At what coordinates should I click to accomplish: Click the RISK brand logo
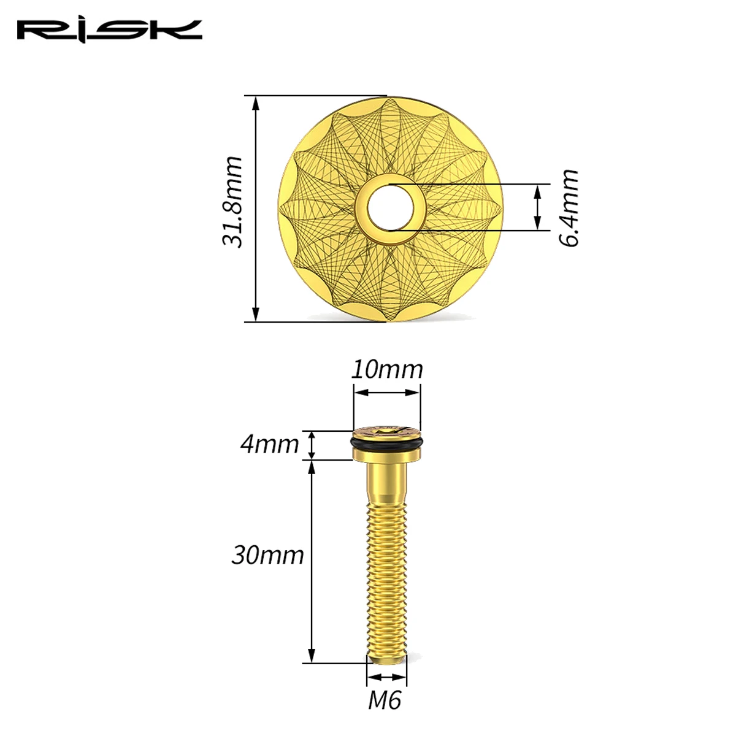point(109,30)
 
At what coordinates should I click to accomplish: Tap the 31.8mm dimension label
point(232,202)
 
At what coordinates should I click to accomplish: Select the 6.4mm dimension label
point(569,207)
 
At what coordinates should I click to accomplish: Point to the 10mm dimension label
point(387,370)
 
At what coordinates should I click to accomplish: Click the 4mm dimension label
point(269,443)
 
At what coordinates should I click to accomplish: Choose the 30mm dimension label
point(267,555)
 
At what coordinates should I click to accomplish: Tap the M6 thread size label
point(385,700)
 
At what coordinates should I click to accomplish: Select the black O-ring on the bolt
point(387,445)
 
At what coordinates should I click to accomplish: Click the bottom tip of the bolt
point(386,660)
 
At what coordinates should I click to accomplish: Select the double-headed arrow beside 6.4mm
point(538,207)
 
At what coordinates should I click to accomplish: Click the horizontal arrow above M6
point(386,677)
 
